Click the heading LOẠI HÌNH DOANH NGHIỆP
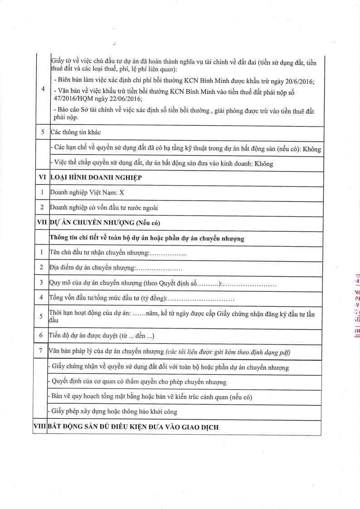(x=96, y=178)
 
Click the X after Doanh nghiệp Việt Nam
(x=121, y=193)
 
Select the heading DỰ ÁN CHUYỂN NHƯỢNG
(x=105, y=223)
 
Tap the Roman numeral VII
(x=41, y=223)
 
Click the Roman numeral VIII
(x=40, y=427)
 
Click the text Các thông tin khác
(x=75, y=132)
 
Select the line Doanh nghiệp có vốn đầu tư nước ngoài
(x=104, y=208)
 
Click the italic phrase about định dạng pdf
(x=228, y=352)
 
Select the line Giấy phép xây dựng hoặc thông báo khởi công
(x=114, y=412)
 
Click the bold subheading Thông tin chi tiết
(x=146, y=238)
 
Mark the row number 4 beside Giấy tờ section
(x=42, y=89)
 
